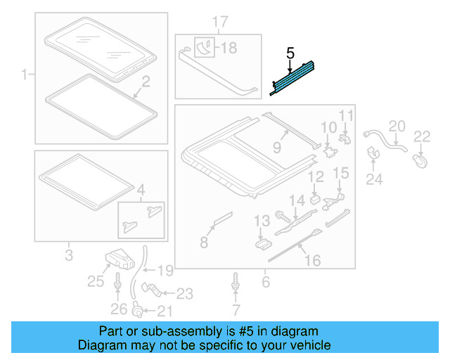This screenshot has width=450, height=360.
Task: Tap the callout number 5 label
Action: [x=290, y=53]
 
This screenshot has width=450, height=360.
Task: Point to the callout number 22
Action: [x=421, y=136]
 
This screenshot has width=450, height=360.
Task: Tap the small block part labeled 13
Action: [x=263, y=243]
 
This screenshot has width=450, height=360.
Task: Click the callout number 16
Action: [x=311, y=261]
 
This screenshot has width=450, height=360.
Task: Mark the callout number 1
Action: [x=23, y=74]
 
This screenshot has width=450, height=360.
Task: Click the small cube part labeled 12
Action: [x=314, y=198]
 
